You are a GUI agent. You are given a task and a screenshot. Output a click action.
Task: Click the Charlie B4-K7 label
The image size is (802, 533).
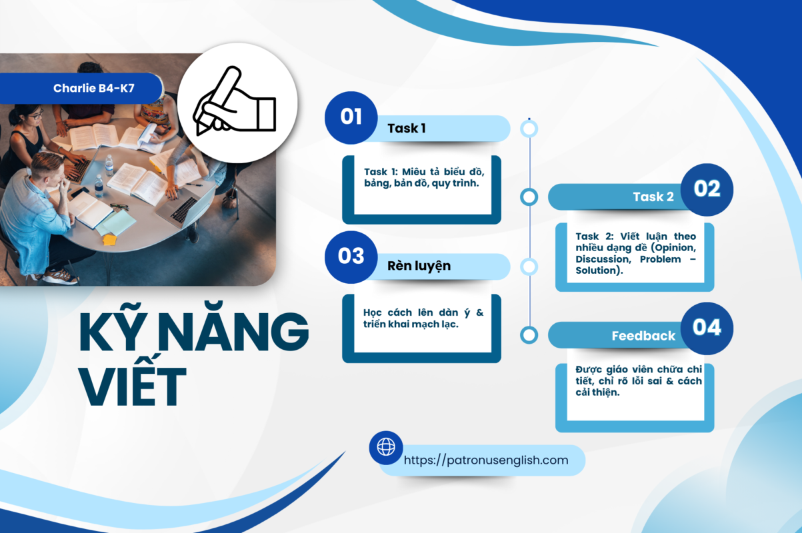[94, 88]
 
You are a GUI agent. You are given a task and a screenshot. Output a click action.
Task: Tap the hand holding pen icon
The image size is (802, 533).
[235, 101]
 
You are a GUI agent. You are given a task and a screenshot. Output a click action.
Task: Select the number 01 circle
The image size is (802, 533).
[351, 117]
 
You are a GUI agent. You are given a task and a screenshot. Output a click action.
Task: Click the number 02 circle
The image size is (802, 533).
[707, 190]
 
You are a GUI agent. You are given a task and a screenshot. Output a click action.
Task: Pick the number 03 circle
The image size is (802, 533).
[351, 257]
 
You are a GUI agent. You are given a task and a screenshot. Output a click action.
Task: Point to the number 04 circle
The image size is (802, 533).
[707, 328]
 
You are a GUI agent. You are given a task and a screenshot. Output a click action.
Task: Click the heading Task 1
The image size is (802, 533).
[407, 129]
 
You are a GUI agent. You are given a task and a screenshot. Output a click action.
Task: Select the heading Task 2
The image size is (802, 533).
[653, 197]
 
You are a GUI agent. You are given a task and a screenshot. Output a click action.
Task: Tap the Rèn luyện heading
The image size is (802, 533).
[419, 266]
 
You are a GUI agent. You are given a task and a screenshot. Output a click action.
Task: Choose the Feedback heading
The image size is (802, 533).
[643, 336]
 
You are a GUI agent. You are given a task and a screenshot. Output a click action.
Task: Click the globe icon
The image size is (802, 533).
[386, 447]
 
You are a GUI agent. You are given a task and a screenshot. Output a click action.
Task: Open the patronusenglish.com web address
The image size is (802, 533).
[486, 460]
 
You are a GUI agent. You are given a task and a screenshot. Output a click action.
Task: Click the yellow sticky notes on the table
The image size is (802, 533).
[109, 239]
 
